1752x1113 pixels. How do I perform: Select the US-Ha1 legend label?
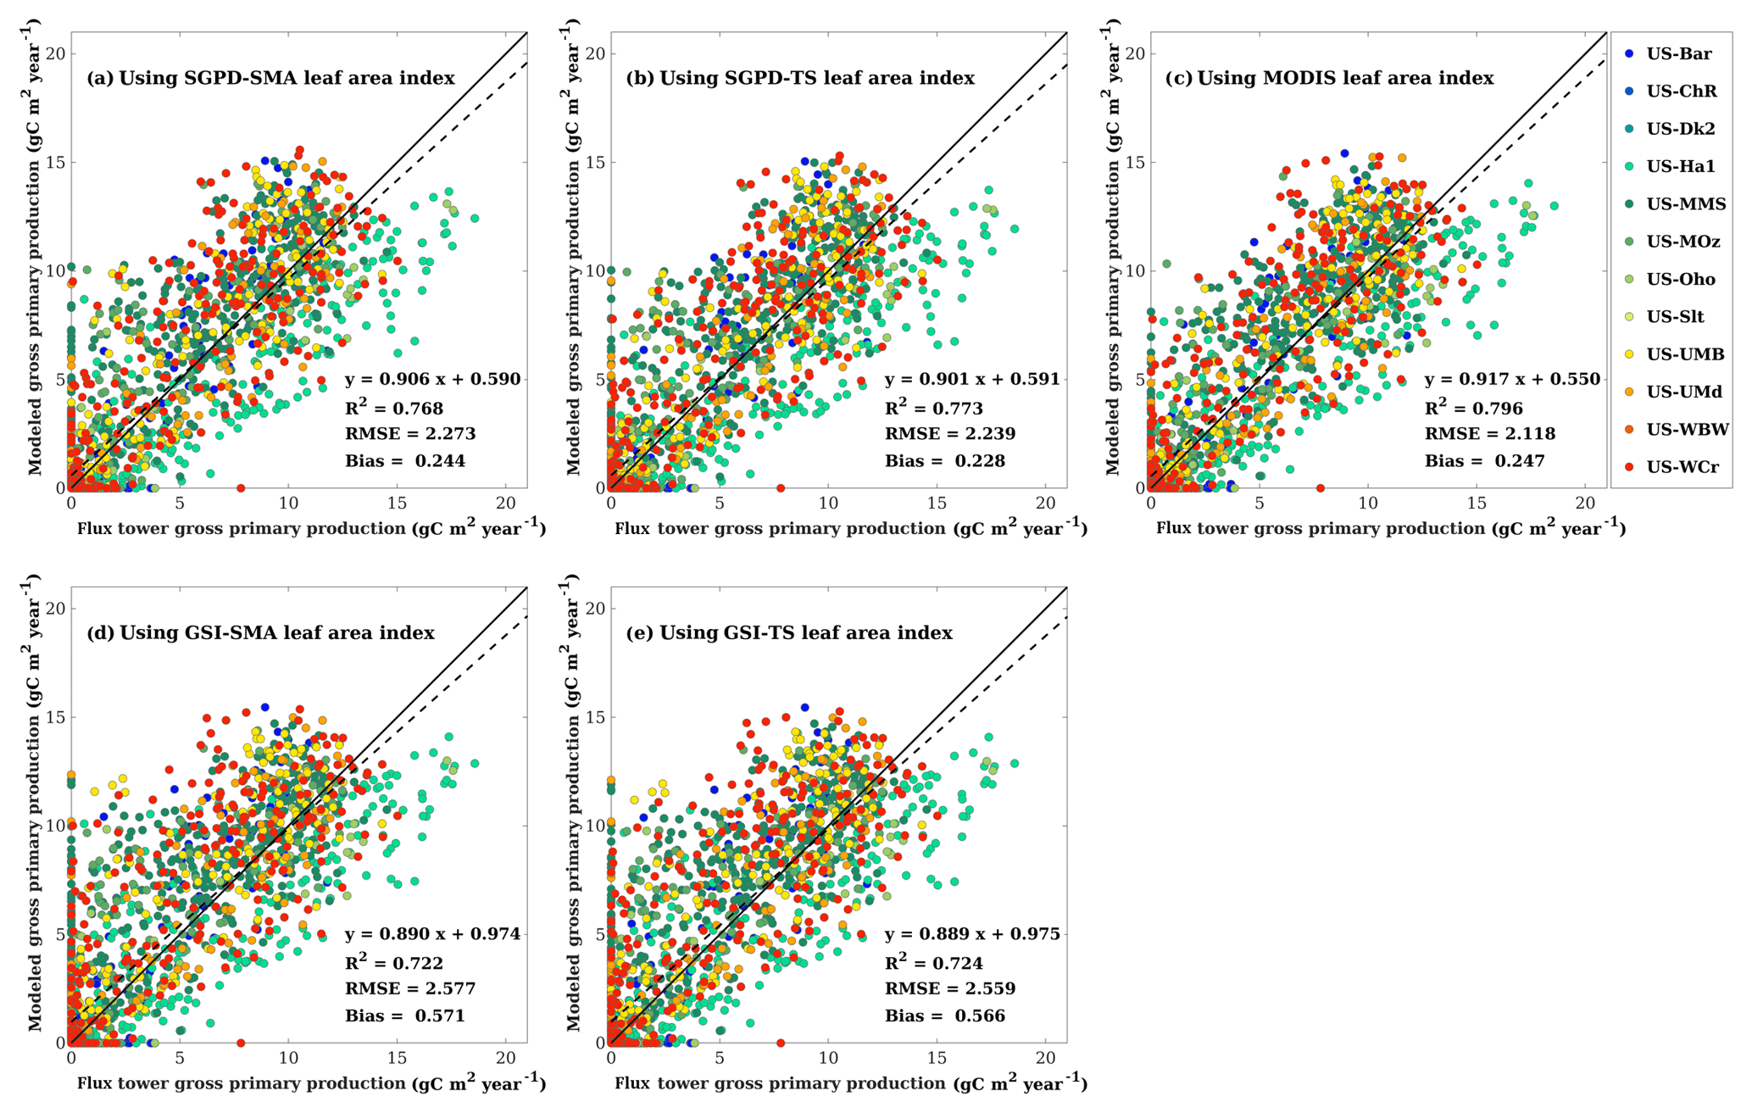point(1680,167)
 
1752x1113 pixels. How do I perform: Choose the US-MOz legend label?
point(1682,242)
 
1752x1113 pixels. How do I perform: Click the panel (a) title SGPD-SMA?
point(270,78)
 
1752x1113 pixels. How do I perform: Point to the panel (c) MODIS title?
point(1328,78)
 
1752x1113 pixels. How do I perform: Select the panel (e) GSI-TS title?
point(788,633)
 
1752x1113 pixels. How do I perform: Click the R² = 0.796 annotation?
point(1473,408)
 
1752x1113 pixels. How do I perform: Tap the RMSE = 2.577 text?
point(410,988)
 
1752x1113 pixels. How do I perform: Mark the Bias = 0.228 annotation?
point(945,461)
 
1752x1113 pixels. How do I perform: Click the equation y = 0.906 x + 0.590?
point(432,379)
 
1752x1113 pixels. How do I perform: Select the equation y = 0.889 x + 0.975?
point(972,934)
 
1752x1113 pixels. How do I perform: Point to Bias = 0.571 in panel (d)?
point(405,1016)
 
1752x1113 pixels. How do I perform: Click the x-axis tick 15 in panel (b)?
point(937,503)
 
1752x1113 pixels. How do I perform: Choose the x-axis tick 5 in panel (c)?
point(1259,503)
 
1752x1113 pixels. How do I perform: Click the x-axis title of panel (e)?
point(850,1083)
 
